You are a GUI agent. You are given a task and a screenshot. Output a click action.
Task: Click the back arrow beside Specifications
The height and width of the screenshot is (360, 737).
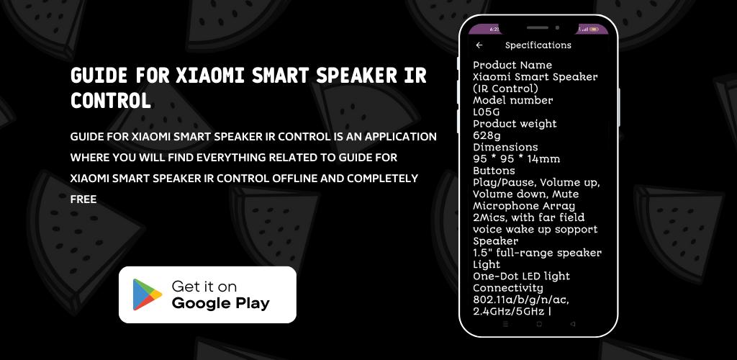[479, 45]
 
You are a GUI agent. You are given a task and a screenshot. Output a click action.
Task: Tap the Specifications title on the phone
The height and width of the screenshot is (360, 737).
[538, 45]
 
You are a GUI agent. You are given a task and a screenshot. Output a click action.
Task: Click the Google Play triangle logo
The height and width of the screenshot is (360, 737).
[147, 294]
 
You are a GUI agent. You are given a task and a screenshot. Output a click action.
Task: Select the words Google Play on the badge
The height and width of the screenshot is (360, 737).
[220, 303]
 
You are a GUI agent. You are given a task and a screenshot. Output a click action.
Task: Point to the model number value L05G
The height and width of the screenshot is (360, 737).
[486, 112]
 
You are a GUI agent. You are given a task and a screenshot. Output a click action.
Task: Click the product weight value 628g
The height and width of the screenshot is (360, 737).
[487, 135]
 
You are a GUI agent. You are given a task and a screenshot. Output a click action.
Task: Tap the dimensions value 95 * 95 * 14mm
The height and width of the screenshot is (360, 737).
[517, 159]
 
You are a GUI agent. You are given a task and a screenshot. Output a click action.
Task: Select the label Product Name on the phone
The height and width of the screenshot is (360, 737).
[512, 65]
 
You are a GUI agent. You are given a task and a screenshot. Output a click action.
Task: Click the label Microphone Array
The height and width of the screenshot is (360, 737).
[524, 206]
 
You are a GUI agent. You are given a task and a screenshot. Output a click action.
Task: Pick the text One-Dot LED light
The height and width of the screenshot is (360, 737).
[521, 276]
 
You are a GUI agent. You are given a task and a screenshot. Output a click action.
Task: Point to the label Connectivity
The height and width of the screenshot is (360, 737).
[507, 287]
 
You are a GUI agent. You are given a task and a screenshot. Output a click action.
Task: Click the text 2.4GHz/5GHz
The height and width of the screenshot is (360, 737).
[510, 311]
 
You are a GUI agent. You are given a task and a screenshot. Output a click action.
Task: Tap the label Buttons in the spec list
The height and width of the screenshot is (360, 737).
[494, 171]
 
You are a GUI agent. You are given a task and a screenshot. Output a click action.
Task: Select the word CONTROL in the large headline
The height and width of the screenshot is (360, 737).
[110, 101]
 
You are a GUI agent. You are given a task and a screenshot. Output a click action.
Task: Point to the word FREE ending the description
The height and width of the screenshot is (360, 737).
[83, 199]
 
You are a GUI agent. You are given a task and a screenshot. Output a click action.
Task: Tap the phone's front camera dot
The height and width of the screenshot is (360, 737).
[557, 28]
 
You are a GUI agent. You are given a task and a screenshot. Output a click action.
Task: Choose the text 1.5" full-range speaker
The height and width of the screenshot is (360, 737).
[537, 253]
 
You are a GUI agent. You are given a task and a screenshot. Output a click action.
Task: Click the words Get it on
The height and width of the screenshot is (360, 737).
[204, 287]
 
